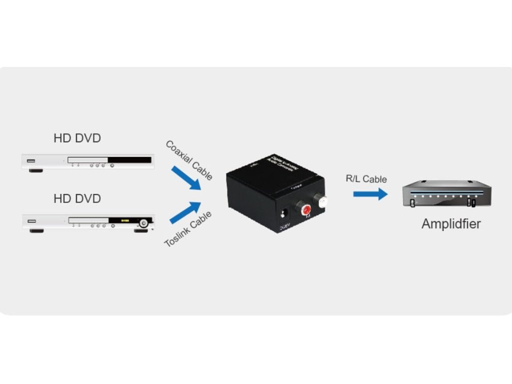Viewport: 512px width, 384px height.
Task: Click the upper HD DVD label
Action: (77, 138)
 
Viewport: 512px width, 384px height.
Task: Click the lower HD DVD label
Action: (77, 198)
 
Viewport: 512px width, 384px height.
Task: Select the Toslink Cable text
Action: (188, 229)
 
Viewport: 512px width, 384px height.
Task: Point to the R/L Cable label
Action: (366, 179)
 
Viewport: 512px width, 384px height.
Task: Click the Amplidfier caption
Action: (450, 223)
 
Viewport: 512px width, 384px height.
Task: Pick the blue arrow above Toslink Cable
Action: (185, 212)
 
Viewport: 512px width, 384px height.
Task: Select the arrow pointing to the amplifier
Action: (370, 193)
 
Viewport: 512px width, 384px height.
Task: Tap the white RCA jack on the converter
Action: (323, 201)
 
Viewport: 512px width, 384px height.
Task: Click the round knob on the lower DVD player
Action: (144, 223)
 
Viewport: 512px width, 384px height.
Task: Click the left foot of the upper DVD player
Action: (35, 171)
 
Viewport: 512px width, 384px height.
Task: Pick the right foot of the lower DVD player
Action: (140, 231)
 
